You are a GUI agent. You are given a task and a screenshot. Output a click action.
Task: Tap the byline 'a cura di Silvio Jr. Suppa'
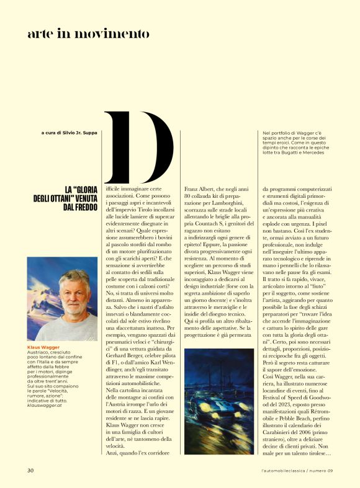(69, 132)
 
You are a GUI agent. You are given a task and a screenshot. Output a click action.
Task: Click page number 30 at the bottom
(30, 469)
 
